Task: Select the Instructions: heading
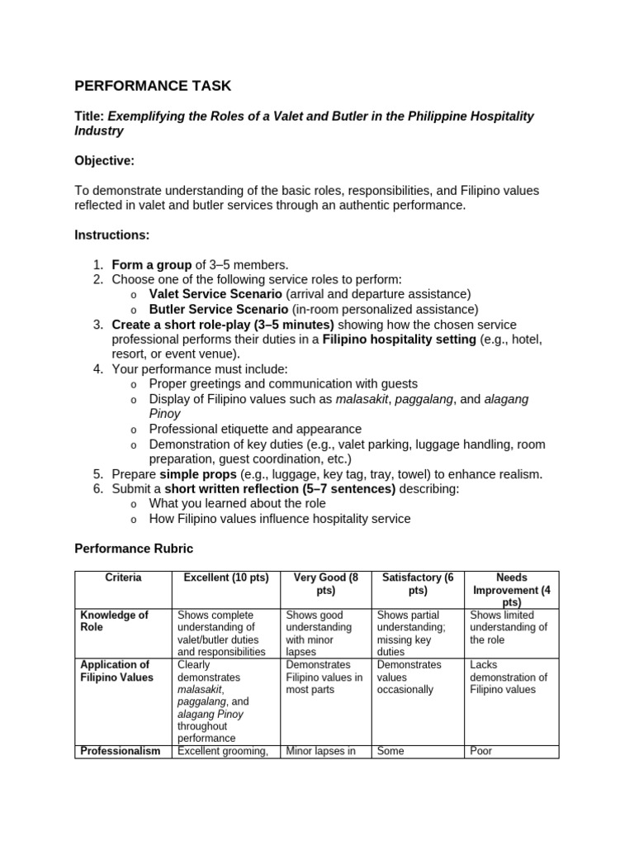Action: [112, 235]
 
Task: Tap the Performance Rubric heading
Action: [134, 548]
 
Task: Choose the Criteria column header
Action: [123, 577]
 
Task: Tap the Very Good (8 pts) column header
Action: [325, 584]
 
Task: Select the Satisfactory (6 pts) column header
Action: [418, 584]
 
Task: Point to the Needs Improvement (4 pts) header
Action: [512, 590]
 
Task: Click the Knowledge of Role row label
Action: [114, 621]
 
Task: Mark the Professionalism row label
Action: [119, 751]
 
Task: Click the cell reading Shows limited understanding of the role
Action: [509, 627]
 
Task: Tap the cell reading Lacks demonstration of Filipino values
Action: [509, 677]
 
